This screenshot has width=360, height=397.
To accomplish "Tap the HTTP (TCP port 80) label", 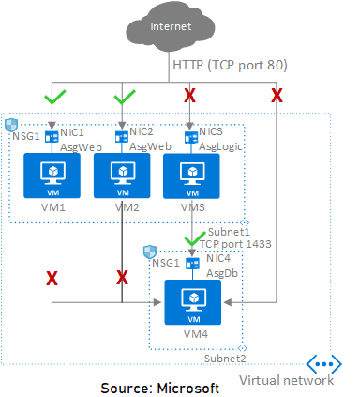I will point(231,66).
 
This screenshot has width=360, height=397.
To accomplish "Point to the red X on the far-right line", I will point(277,95).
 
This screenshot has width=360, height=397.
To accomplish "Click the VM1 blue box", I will point(50,176).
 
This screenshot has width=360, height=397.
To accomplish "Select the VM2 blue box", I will point(121,176).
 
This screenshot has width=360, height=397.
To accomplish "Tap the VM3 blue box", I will point(191,176).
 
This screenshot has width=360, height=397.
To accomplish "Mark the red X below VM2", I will point(122,277).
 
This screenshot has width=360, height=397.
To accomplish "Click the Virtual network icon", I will point(324,365).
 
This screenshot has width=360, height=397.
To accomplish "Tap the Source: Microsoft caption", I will point(160,387).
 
